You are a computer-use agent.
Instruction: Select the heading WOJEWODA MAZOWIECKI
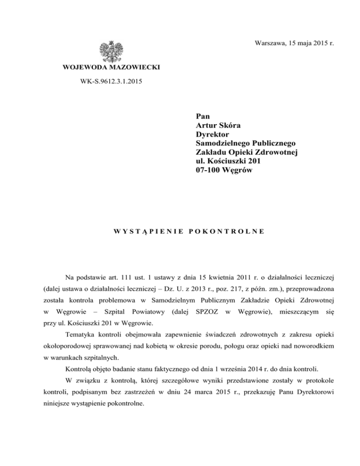click(x=111, y=68)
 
